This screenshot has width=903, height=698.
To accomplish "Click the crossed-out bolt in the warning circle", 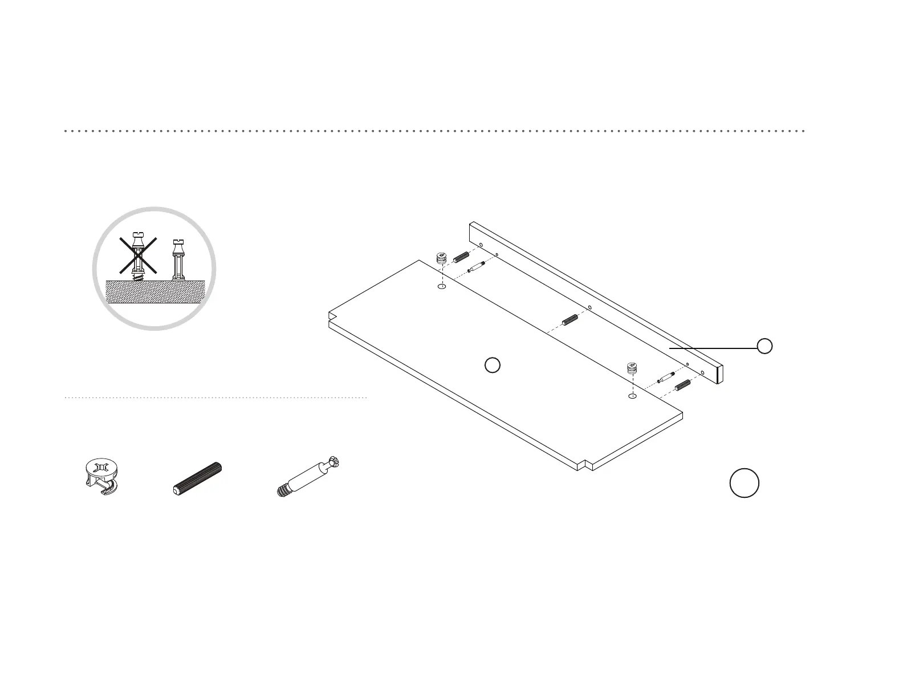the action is point(137,254).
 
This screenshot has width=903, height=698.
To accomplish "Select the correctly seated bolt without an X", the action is point(178,260).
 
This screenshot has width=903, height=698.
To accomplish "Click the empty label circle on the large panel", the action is point(493,365).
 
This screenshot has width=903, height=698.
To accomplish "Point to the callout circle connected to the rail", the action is point(764,346).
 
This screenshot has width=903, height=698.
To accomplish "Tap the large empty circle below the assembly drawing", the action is point(744,483).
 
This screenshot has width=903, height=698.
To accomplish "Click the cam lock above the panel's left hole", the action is point(442,257).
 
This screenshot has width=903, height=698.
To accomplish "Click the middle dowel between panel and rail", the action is point(571,320).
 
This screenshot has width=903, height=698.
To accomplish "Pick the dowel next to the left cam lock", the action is point(461,257).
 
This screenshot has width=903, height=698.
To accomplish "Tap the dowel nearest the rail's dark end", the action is point(682,385).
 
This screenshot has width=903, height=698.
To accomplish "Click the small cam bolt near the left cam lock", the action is point(476,267).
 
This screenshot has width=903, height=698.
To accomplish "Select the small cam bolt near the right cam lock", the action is point(666,377).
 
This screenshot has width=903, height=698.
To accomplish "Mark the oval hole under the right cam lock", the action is point(632,396).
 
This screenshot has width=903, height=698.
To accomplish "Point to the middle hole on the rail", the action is point(589,307).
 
